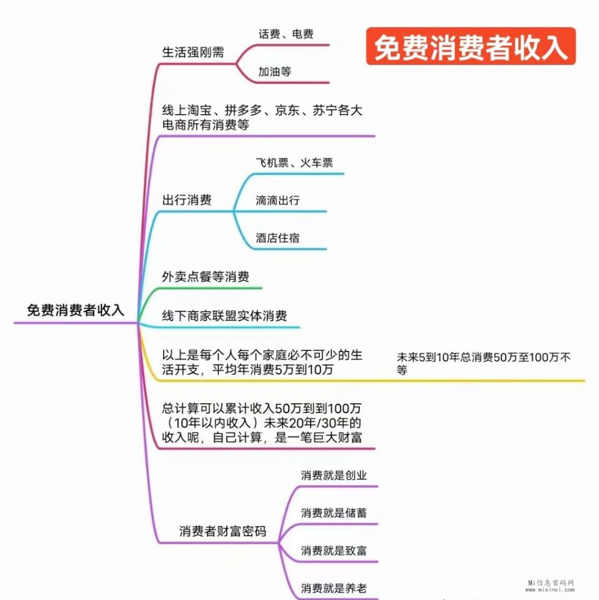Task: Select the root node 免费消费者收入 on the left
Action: click(76, 310)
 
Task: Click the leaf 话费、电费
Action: click(285, 34)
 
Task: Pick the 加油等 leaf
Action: click(274, 72)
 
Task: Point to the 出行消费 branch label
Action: click(186, 200)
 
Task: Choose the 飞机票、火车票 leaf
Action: click(294, 163)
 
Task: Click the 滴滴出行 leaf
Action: click(277, 200)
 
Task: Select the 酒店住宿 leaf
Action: click(277, 238)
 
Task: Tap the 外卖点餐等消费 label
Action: click(205, 277)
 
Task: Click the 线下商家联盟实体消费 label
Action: click(224, 316)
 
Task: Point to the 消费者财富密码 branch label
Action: click(222, 531)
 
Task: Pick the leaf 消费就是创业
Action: click(333, 475)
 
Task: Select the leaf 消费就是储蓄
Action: click(333, 513)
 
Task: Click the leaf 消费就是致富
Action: click(333, 551)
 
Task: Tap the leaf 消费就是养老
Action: click(333, 588)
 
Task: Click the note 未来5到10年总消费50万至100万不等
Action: click(484, 363)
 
